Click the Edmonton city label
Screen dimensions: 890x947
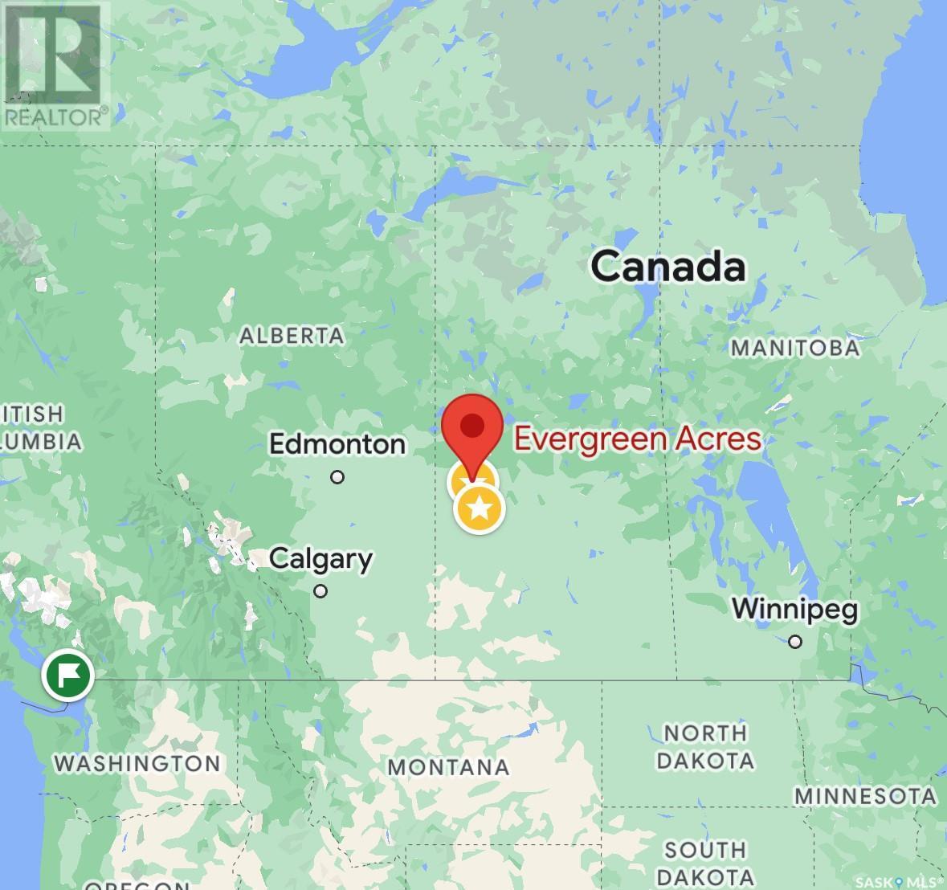point(337,444)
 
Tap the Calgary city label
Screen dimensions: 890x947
point(320,559)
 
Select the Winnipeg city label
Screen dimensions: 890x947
point(794,609)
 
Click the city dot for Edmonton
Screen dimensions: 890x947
point(337,477)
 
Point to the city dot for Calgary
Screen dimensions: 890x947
point(320,591)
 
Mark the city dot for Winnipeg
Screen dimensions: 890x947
point(795,641)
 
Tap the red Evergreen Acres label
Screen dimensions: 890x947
point(637,439)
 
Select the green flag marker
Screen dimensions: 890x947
point(68,676)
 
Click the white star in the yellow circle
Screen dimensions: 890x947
point(480,508)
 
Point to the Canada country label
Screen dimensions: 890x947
point(668,267)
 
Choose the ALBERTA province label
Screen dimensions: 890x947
point(292,335)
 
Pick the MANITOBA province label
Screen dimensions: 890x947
point(794,348)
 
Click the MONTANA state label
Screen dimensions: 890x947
point(448,767)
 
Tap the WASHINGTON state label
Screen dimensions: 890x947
point(137,762)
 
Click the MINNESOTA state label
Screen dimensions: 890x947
point(866,796)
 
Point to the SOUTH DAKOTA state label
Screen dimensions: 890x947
point(706,863)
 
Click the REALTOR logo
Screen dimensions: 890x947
point(55,65)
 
